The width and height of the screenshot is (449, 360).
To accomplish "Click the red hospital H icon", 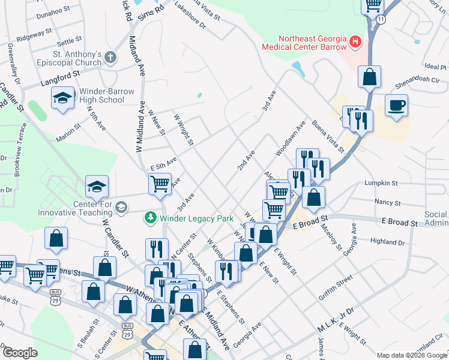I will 355,42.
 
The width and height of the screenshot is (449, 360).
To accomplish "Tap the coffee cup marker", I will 397,106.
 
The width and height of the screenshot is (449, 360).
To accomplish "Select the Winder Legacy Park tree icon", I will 151,217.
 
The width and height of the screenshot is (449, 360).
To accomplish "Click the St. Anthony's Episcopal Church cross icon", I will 110,57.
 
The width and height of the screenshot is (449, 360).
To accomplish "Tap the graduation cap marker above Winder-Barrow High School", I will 62,97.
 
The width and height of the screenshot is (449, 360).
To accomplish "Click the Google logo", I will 20,353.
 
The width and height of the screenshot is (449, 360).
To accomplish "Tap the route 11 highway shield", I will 382,20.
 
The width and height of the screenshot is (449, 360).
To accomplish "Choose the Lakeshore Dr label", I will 190,19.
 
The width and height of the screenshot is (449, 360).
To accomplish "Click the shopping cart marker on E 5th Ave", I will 159,184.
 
